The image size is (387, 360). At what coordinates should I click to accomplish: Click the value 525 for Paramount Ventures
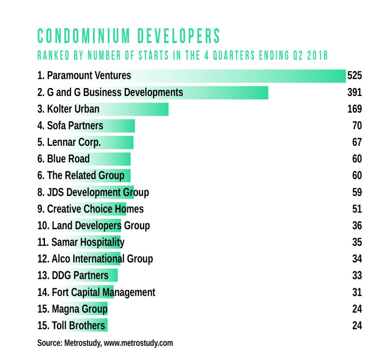354,76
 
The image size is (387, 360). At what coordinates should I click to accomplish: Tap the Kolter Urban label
68,109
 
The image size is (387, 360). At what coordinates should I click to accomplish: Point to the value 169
354,109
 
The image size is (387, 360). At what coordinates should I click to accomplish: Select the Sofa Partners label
70,126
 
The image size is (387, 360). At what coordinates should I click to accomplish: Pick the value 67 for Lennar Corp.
357,142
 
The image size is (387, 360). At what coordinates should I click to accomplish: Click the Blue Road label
63,159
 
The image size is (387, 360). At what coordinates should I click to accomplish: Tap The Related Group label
81,176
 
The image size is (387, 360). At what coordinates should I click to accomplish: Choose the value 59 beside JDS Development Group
357,192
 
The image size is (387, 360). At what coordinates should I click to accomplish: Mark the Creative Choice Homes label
91,209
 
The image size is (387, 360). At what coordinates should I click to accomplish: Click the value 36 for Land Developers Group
357,226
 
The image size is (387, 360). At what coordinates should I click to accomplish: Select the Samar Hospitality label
81,242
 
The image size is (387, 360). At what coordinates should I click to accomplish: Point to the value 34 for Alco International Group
357,259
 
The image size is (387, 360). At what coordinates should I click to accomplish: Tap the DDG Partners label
73,275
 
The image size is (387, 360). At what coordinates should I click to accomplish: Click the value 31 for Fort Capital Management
357,292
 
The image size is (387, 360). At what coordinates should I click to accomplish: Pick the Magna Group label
73,309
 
